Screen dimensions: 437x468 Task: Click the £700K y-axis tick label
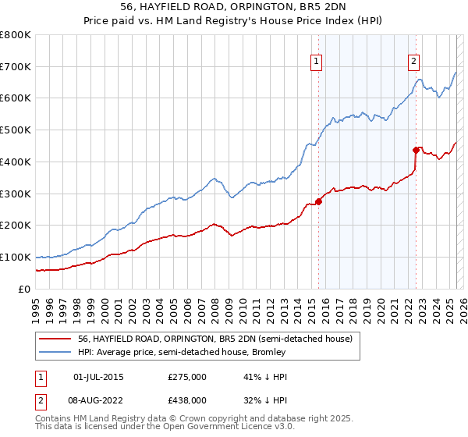click(16, 66)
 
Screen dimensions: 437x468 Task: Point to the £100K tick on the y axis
click(16, 257)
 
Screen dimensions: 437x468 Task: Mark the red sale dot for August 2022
click(416, 149)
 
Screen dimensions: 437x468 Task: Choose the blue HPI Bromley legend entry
click(182, 352)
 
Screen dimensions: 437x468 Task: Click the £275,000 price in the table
click(187, 377)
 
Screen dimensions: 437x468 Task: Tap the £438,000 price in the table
click(187, 400)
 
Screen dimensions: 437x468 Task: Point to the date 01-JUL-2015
click(97, 377)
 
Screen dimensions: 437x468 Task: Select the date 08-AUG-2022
click(97, 400)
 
